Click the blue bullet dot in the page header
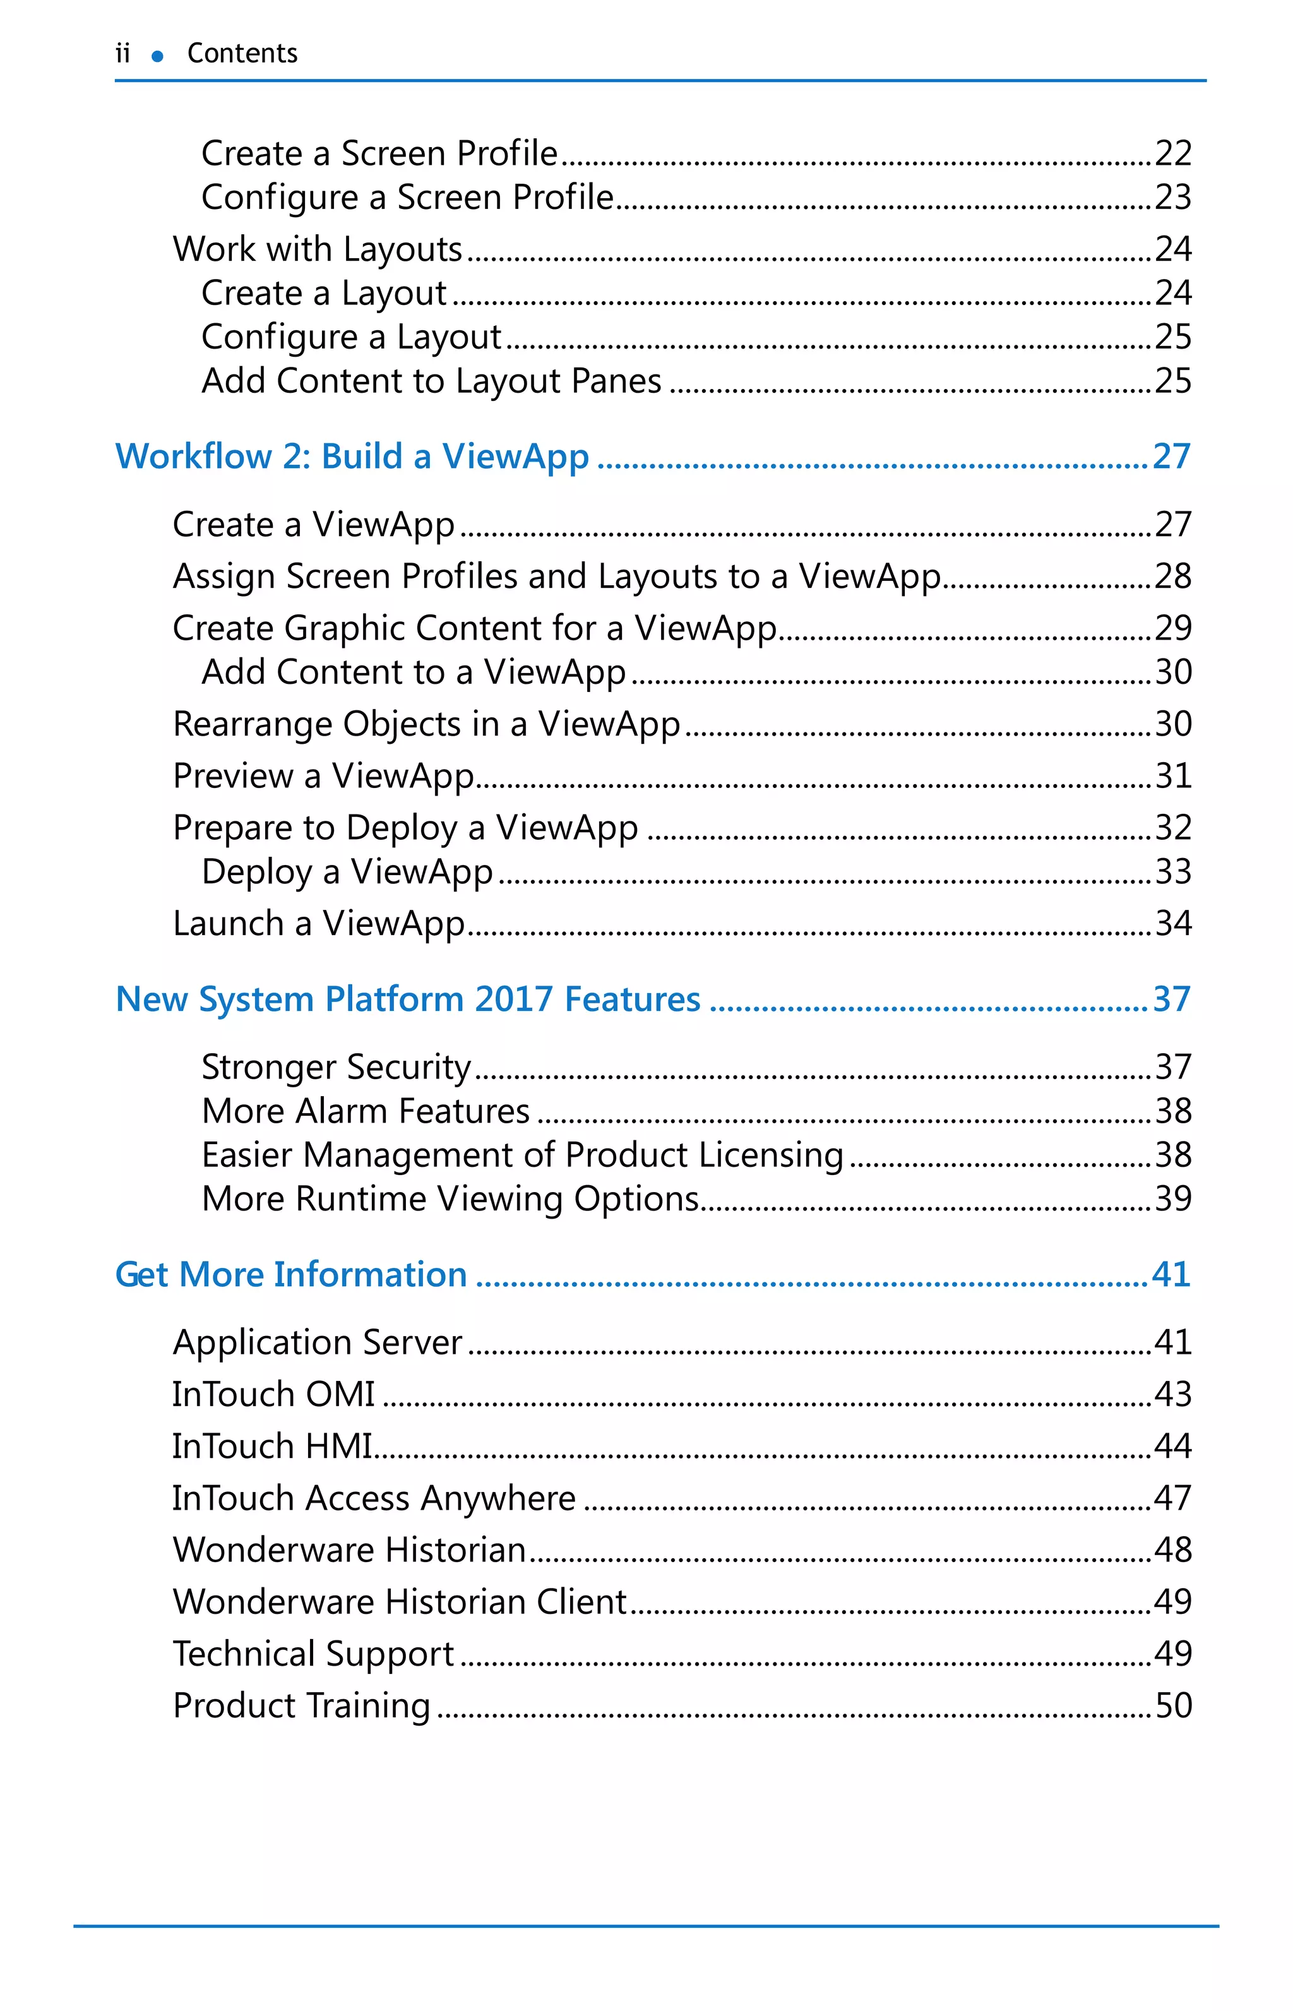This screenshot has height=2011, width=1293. pos(157,56)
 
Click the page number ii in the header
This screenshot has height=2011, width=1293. pos(122,54)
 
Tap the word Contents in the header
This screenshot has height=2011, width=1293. pos(242,54)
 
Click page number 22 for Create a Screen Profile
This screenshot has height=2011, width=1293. pos(1173,153)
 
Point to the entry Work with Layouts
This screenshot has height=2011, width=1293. pos(318,249)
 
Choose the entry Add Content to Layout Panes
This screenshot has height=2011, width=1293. pos(432,381)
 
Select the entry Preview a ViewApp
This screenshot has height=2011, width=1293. pos(323,777)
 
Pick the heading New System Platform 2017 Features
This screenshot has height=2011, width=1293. pos(408,1000)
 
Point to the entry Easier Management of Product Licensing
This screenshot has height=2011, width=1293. pos(522,1155)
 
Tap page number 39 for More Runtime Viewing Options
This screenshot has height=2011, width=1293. pos(1173,1199)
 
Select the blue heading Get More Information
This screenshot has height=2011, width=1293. pos(290,1275)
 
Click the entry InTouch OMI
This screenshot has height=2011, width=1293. pos(274,1395)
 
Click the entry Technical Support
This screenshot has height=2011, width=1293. pos(313,1654)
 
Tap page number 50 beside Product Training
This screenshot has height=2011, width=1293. pos(1173,1706)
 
